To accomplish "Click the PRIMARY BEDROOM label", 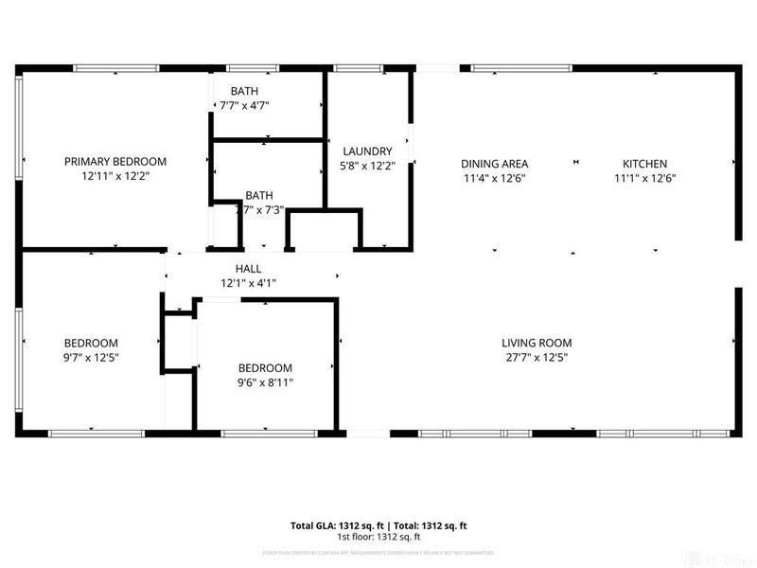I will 114,162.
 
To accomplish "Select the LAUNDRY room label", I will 367,151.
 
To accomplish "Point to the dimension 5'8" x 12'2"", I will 367,166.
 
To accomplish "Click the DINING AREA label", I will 494,163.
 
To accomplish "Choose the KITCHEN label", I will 644,163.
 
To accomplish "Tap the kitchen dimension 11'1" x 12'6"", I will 644,178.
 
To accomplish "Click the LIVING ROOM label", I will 537,343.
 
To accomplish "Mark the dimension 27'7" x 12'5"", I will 537,358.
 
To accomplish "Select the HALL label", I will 248,269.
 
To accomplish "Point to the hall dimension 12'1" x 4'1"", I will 248,283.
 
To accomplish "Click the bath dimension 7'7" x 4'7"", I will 245,106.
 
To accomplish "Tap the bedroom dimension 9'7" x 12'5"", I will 91,358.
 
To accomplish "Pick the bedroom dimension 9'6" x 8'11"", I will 265,383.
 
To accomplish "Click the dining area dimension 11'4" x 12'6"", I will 494,178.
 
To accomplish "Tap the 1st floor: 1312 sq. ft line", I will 378,537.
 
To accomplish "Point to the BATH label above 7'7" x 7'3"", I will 258,195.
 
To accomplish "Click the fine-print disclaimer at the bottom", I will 378,552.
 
